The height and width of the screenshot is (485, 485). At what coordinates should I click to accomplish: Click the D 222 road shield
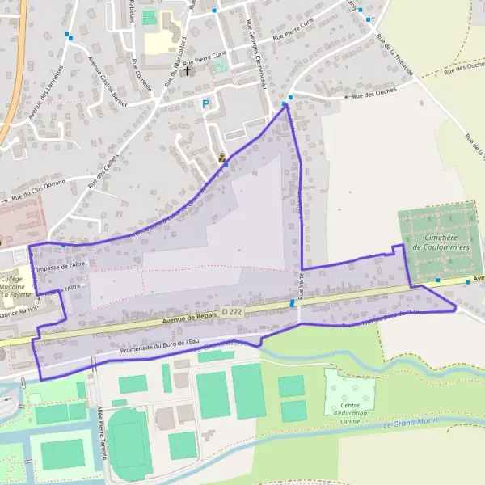pyautogui.click(x=231, y=310)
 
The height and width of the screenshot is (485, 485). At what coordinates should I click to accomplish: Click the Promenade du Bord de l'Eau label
pyautogui.click(x=158, y=345)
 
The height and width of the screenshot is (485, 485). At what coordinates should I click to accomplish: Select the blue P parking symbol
pyautogui.click(x=205, y=103)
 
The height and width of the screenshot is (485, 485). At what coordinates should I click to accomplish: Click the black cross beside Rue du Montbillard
pyautogui.click(x=188, y=71)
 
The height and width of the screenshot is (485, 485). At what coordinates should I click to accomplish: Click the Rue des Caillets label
pyautogui.click(x=103, y=171)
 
